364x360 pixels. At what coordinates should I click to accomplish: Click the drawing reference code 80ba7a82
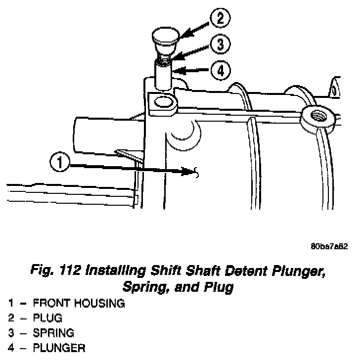click(329, 247)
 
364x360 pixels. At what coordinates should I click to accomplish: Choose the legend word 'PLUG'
click(47, 318)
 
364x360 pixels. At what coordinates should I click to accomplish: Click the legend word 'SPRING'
click(53, 333)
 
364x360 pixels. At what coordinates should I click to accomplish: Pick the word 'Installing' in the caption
click(116, 271)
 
